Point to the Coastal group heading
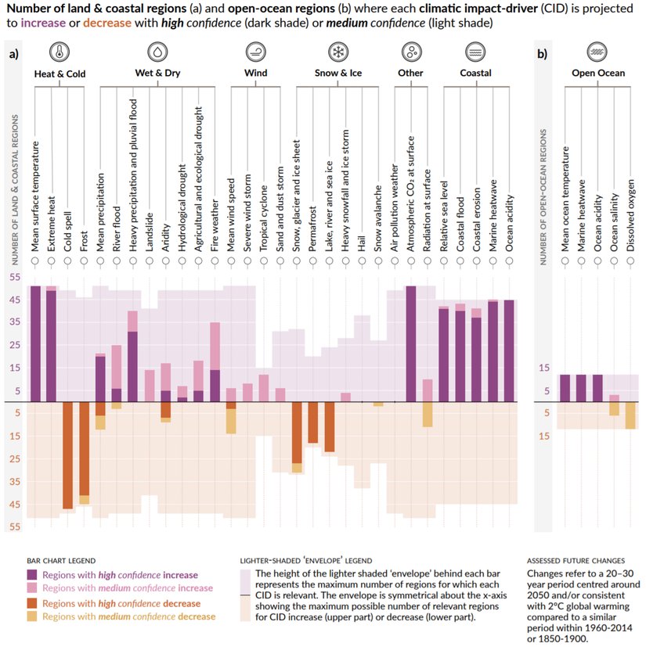(x=475, y=74)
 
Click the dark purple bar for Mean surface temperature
(x=35, y=344)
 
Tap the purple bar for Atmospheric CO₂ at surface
(x=410, y=344)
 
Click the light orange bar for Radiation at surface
(x=427, y=414)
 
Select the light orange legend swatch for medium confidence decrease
(x=33, y=616)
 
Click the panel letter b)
(x=542, y=54)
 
